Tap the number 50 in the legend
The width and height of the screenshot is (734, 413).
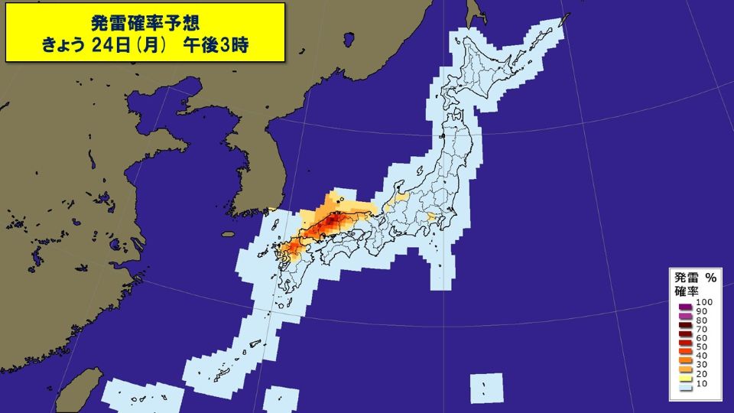click(702, 346)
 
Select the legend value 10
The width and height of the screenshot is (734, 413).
click(702, 384)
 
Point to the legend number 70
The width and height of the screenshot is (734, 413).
click(702, 328)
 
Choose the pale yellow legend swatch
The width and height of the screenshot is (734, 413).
click(685, 376)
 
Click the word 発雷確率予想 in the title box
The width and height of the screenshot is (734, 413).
click(145, 20)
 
